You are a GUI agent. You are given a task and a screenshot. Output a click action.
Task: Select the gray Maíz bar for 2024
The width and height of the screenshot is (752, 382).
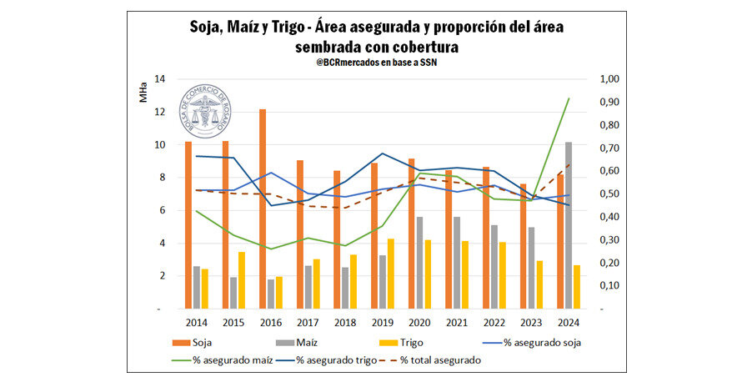[569, 225]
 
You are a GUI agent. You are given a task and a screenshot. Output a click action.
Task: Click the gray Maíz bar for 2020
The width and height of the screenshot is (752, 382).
[420, 263]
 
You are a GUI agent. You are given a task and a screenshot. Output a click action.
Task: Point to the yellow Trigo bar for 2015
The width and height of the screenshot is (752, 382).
[242, 280]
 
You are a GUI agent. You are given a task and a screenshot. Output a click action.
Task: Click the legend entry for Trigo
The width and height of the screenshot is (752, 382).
[406, 341]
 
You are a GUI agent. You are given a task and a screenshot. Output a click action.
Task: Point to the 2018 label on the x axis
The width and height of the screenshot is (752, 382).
[344, 321]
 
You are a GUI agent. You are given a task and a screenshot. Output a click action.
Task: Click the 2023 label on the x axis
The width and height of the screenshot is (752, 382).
[531, 321]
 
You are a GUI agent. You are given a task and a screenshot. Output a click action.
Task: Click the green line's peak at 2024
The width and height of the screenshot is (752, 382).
[569, 98]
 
